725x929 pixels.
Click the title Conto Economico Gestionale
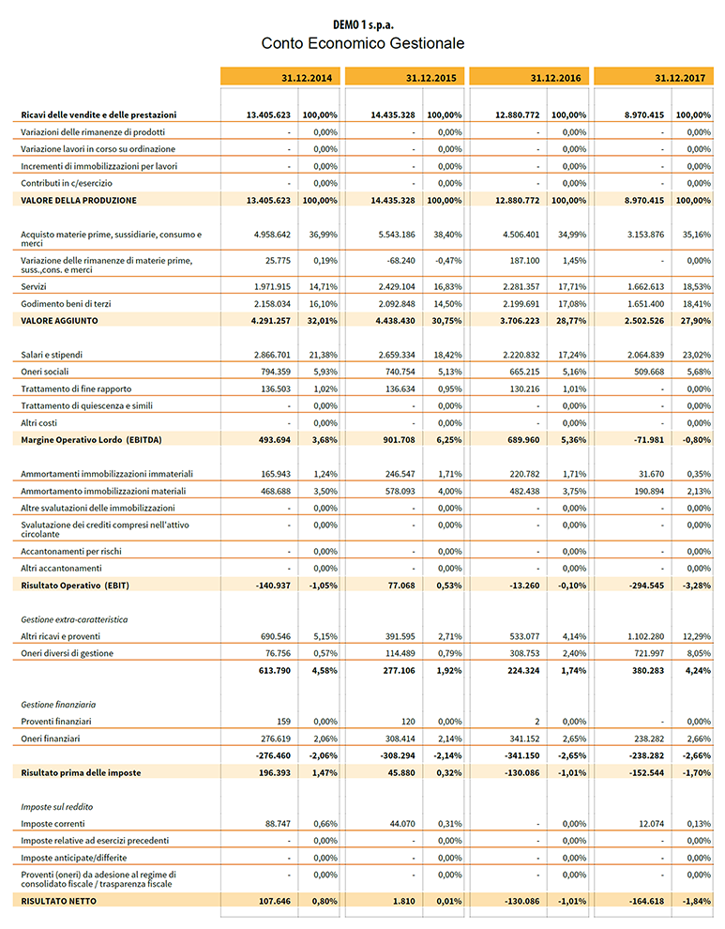click(362, 43)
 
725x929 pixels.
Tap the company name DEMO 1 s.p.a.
click(362, 23)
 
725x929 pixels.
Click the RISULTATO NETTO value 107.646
click(270, 901)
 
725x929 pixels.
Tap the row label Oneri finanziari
click(52, 739)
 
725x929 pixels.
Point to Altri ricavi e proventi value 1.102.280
click(640, 637)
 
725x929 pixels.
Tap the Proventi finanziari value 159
click(282, 722)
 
